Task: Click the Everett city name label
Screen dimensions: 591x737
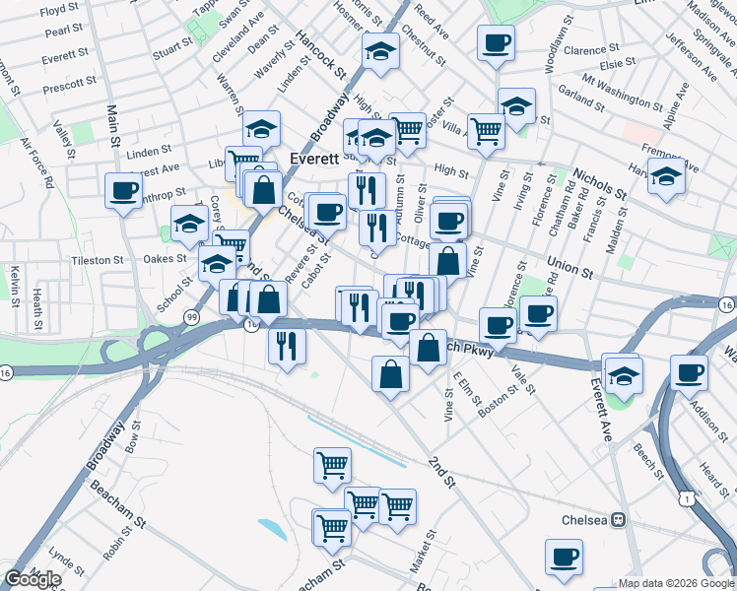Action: coord(315,158)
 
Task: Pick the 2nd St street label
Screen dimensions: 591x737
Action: coord(442,473)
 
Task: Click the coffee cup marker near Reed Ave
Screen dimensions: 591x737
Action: coord(496,43)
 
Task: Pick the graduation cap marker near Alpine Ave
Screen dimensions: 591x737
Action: coord(667,177)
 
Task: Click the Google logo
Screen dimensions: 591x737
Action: coord(33,579)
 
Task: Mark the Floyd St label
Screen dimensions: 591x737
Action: coord(60,9)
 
